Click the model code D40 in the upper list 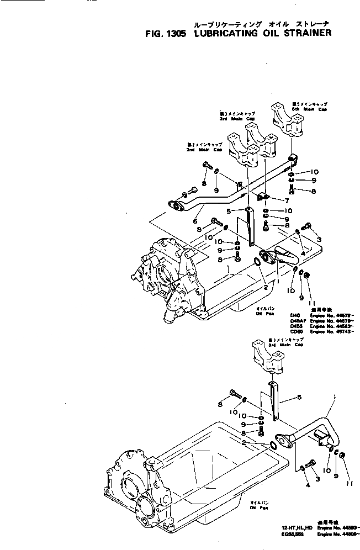pyautogui.click(x=294, y=315)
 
